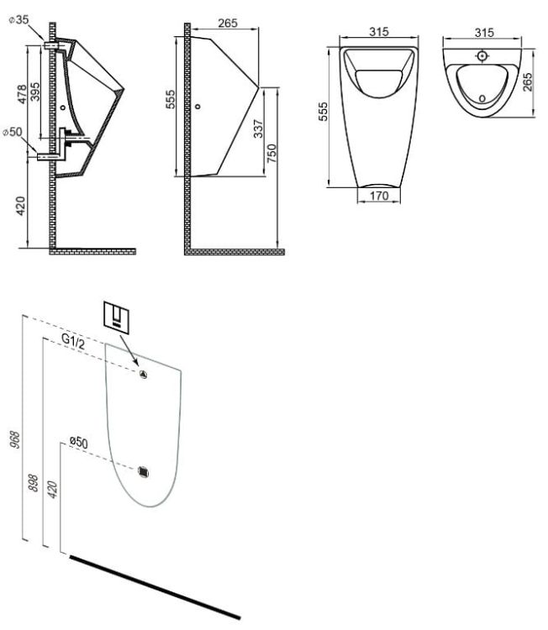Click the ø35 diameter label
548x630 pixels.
18,19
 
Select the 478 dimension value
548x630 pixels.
22,94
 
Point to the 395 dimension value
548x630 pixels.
35,92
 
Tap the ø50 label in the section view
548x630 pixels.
13,131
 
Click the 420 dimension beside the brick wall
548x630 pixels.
20,206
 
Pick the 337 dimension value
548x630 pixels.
259,129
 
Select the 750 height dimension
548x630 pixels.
272,154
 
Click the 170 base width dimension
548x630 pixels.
379,196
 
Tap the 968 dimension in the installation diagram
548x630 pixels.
15,440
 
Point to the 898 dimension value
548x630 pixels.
34,483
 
